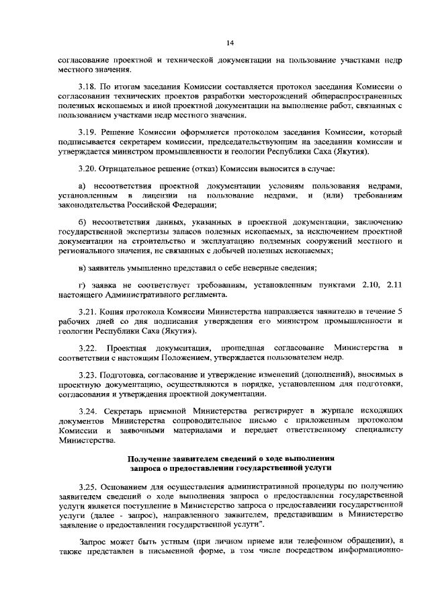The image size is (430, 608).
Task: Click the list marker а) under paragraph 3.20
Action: pos(83,185)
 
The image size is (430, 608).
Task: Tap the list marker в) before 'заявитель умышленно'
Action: pos(82,268)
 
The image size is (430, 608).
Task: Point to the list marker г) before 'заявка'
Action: pos(82,286)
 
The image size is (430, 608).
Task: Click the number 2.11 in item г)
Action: pos(394,286)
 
